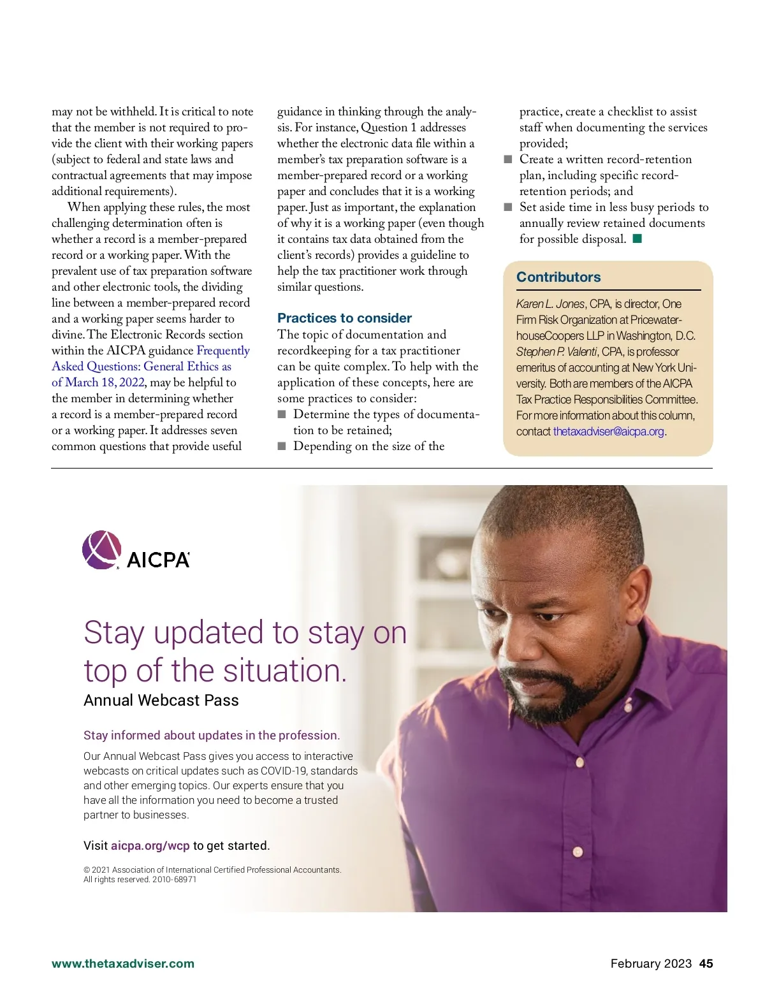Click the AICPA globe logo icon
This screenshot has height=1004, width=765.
click(x=101, y=549)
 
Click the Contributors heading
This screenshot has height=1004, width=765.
click(x=558, y=277)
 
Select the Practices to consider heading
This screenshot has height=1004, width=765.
click(x=344, y=318)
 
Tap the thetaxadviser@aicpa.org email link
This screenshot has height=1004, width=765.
click(x=608, y=432)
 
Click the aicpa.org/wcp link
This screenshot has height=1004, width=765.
click(x=150, y=846)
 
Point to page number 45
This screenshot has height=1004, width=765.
click(x=706, y=964)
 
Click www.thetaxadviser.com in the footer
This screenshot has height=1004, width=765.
click(x=123, y=964)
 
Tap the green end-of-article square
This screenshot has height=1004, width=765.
click(x=637, y=239)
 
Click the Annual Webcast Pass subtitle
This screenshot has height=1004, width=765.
click(x=161, y=701)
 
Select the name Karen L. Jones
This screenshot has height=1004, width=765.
click(x=550, y=304)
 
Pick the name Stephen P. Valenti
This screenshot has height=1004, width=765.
click(x=557, y=352)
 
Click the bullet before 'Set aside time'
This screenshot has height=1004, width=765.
click(x=508, y=207)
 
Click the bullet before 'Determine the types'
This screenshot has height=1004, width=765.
click(x=282, y=414)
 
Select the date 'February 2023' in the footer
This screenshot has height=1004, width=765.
click(x=651, y=964)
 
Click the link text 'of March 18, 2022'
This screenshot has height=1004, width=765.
click(x=98, y=382)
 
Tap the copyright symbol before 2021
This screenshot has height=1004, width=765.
click(x=87, y=870)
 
